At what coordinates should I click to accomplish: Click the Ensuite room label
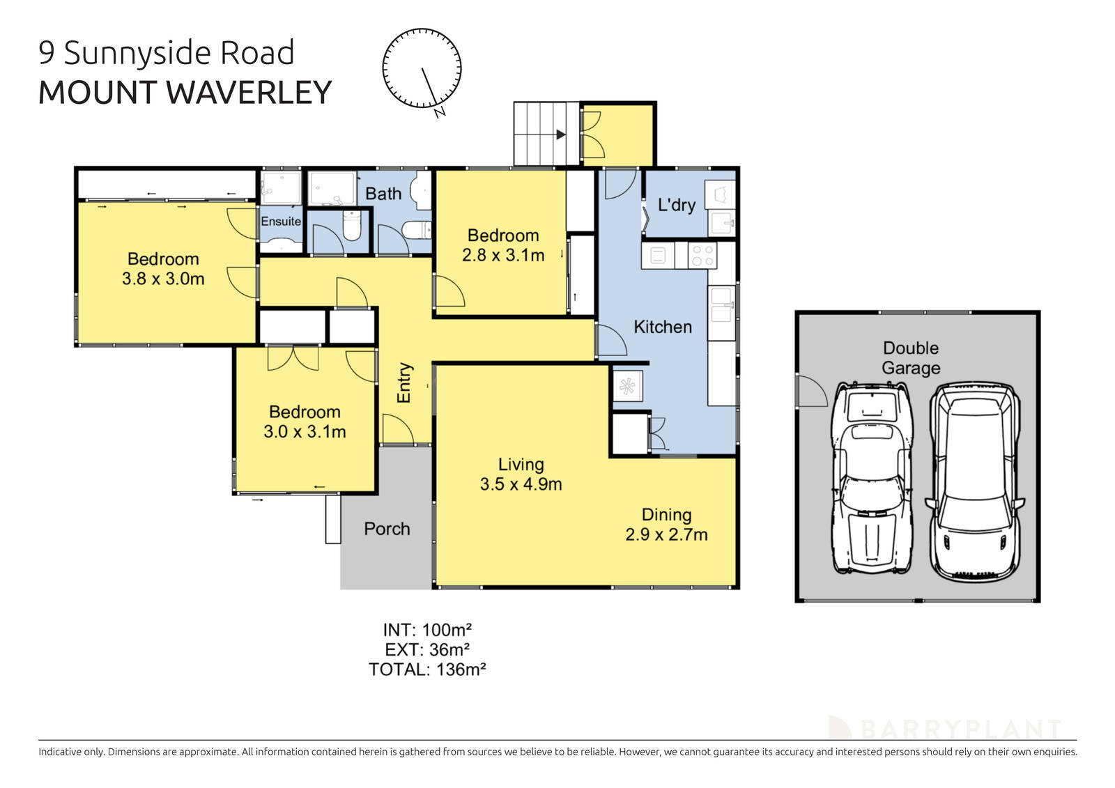pos(281,222)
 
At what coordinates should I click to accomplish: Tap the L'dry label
pos(676,205)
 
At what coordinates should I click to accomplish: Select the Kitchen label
pos(662,327)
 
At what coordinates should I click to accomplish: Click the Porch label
pos(387,529)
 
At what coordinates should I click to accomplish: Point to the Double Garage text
pos(910,357)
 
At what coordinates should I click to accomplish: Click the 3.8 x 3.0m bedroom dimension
pos(163,279)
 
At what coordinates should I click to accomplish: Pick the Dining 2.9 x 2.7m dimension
pos(666,535)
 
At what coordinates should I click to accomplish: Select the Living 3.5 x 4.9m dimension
pos(521,484)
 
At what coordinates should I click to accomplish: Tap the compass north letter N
pos(440,112)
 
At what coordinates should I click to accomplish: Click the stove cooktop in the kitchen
pos(702,256)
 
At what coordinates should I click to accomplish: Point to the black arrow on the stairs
pos(560,134)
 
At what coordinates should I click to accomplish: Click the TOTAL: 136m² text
pos(426,670)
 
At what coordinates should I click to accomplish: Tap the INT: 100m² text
pos(427,630)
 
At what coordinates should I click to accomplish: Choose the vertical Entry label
pos(404,383)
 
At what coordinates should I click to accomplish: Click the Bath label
pos(383,194)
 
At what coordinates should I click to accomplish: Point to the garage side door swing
pos(810,392)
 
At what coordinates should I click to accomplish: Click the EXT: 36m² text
pos(426,650)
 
